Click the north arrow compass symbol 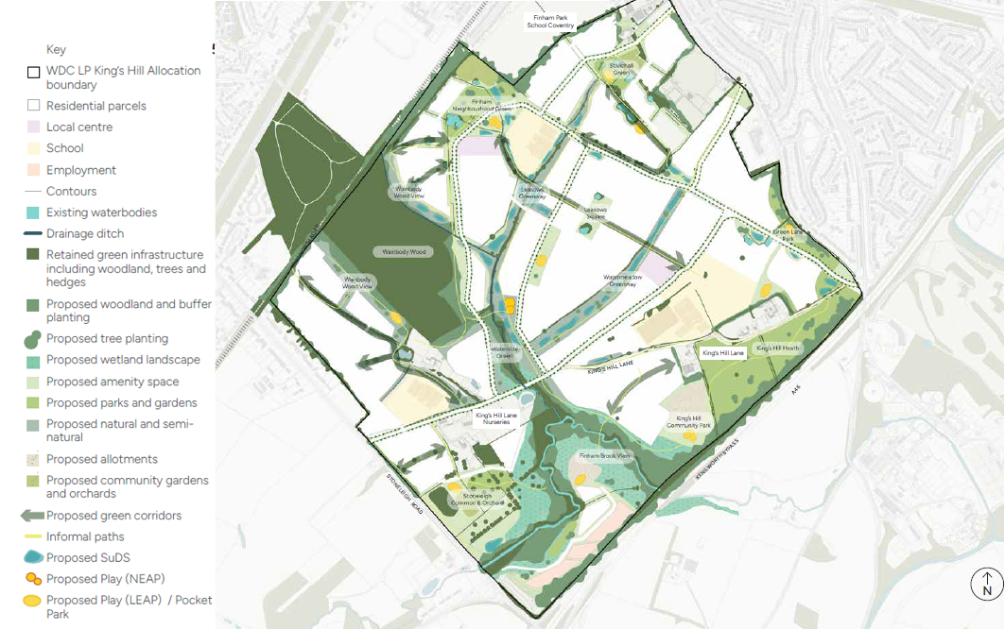pyautogui.click(x=987, y=584)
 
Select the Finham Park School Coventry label pyautogui.click(x=551, y=21)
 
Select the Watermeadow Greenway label pyautogui.click(x=624, y=279)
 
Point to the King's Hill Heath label pyautogui.click(x=778, y=348)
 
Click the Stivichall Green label pyautogui.click(x=621, y=70)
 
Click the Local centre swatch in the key pyautogui.click(x=33, y=127)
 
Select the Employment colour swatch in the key pyautogui.click(x=33, y=170)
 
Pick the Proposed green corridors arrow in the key pyautogui.click(x=32, y=516)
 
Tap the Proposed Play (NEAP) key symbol pyautogui.click(x=32, y=579)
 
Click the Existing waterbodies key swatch pyautogui.click(x=33, y=212)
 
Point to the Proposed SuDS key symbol pyautogui.click(x=32, y=557)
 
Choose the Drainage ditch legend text pyautogui.click(x=85, y=233)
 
